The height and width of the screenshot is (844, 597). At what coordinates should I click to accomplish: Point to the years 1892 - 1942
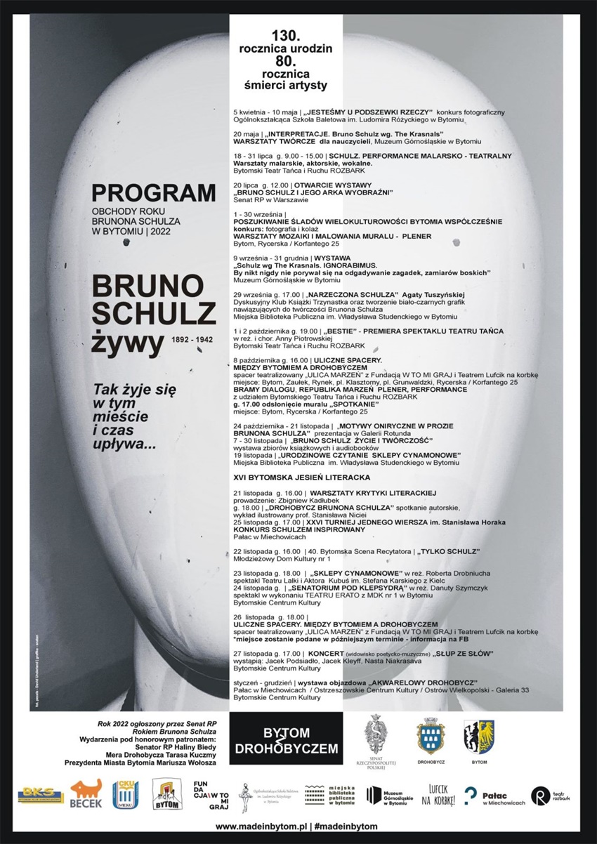pyautogui.click(x=194, y=339)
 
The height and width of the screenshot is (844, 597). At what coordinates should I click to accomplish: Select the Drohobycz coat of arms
pyautogui.click(x=430, y=737)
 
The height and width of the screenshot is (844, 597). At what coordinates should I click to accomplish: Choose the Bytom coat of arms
pyautogui.click(x=478, y=736)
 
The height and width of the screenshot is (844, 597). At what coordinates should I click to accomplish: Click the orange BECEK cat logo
pyautogui.click(x=86, y=793)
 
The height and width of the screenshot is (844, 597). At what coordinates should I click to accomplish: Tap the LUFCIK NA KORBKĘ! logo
pyautogui.click(x=438, y=796)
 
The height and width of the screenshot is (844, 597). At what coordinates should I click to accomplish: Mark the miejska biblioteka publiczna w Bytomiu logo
pyautogui.click(x=329, y=796)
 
